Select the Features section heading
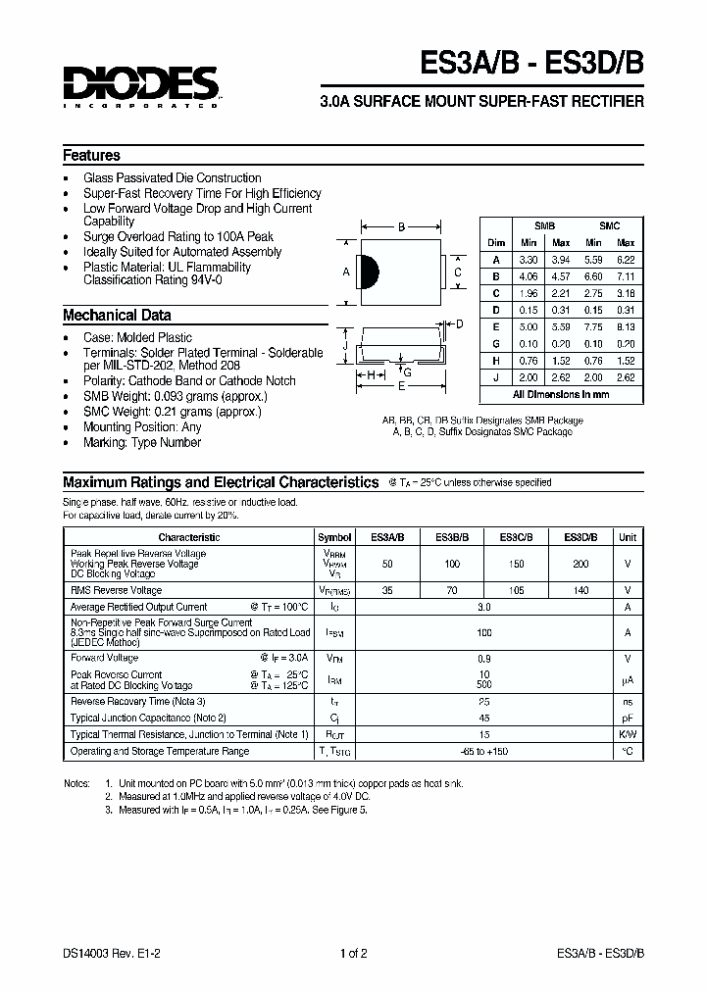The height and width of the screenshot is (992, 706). [x=91, y=155]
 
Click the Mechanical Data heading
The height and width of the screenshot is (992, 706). [x=117, y=316]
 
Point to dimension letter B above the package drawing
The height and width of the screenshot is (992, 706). [x=401, y=227]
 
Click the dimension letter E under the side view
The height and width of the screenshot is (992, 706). [x=401, y=386]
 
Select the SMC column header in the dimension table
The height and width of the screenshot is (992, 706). [x=609, y=225]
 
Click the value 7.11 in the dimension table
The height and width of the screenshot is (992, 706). [x=626, y=275]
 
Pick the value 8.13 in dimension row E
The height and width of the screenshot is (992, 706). [x=626, y=326]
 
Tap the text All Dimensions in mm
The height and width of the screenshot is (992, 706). [x=561, y=394]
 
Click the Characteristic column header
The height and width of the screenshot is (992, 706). [x=189, y=537]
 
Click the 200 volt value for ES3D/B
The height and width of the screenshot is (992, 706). [x=581, y=565]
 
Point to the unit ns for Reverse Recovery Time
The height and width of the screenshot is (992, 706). [x=628, y=702]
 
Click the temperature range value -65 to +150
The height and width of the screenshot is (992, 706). [x=483, y=751]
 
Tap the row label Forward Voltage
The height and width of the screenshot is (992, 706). [x=105, y=658]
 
